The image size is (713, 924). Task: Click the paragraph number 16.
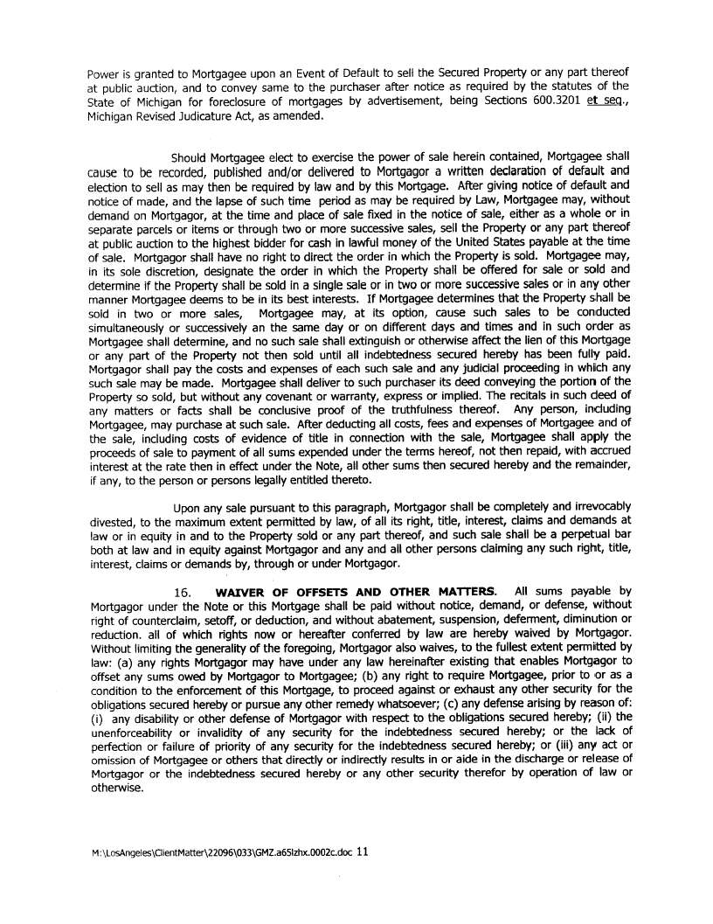[x=183, y=592]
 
